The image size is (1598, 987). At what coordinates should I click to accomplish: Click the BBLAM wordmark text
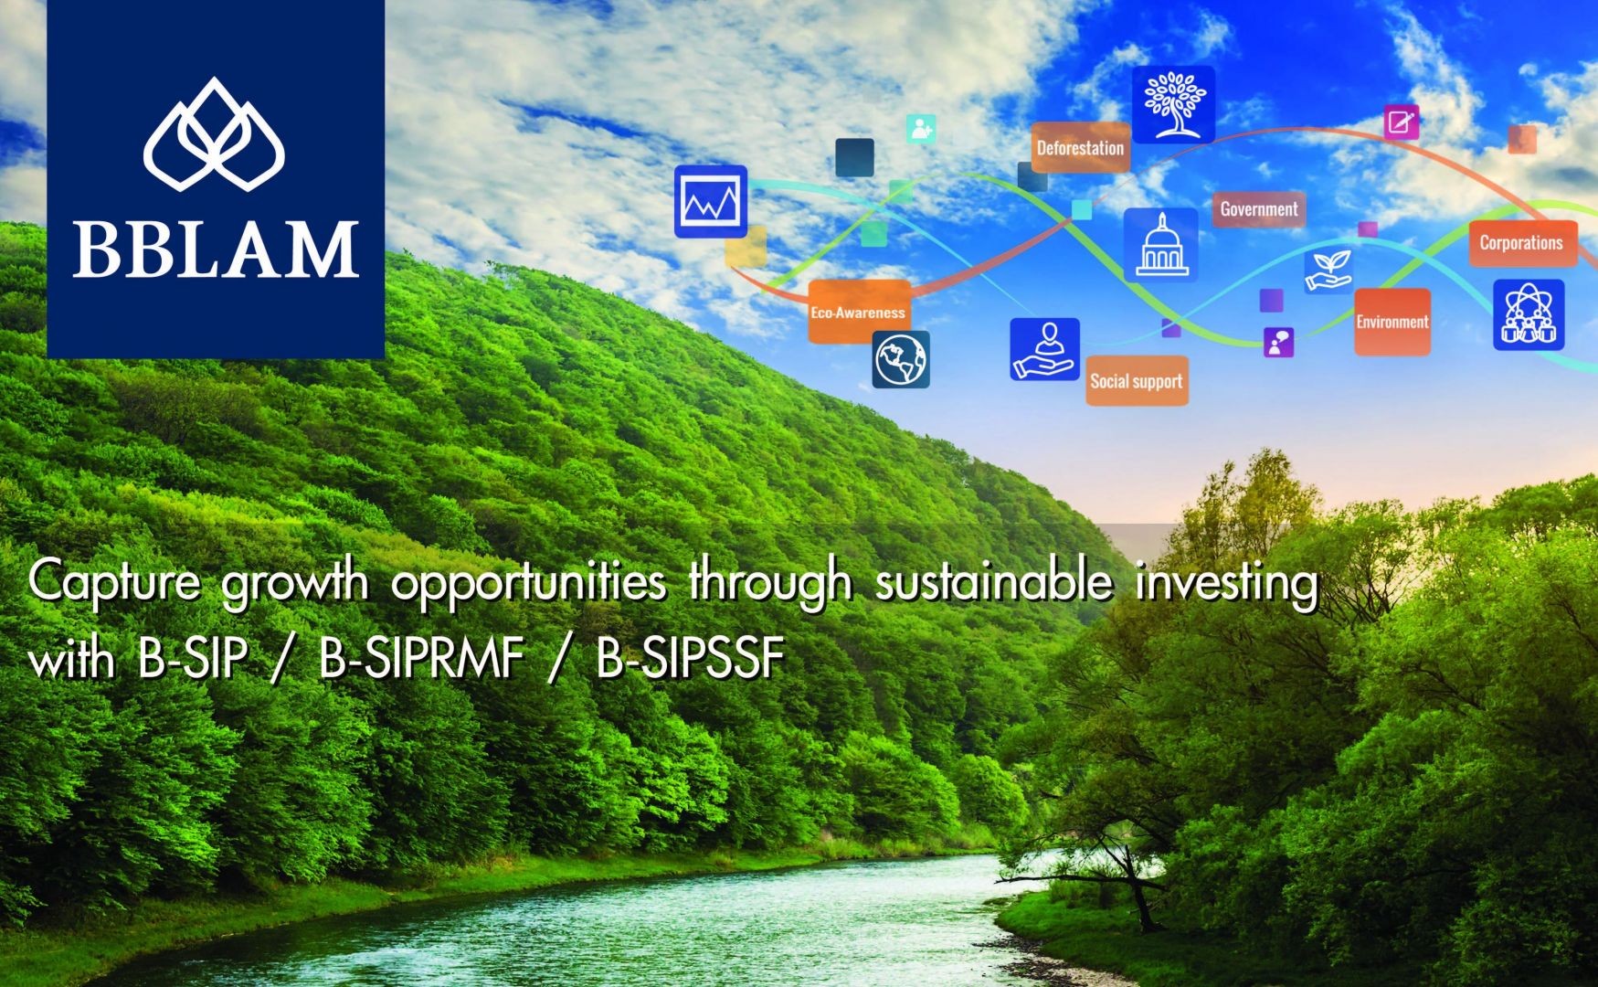tap(216, 249)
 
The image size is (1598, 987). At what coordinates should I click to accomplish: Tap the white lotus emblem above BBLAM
tap(215, 134)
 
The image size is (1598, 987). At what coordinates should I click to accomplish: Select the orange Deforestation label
tap(1080, 148)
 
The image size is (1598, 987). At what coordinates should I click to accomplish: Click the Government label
tap(1258, 209)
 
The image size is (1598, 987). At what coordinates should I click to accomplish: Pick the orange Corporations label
tap(1521, 243)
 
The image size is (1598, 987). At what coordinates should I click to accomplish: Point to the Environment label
tap(1392, 322)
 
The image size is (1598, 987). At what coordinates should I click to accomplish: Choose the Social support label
tap(1137, 381)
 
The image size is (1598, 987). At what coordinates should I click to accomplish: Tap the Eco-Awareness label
tap(858, 313)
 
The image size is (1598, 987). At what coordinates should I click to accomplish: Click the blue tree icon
tap(1173, 104)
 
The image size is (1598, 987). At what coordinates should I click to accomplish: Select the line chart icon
tap(711, 201)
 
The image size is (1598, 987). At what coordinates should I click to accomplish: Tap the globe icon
tap(901, 359)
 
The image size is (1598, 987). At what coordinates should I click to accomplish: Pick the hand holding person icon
tap(1044, 349)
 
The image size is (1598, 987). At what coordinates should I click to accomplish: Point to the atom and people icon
tap(1529, 315)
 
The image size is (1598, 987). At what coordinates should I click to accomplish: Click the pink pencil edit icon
tap(1401, 122)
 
